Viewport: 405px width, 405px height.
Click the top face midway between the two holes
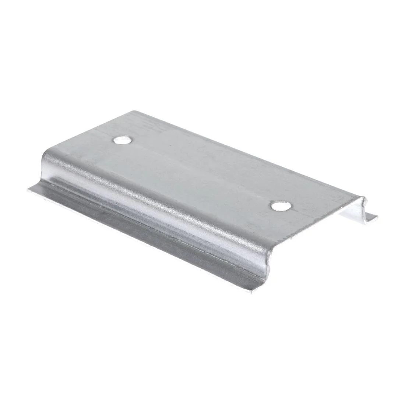point(201,173)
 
